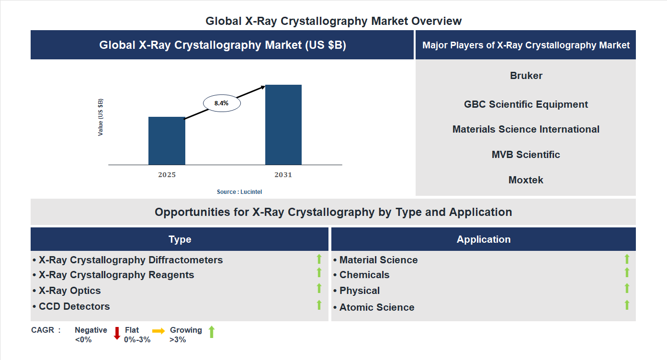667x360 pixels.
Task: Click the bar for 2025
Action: pyautogui.click(x=167, y=141)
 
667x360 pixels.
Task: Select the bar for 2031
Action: pyautogui.click(x=283, y=125)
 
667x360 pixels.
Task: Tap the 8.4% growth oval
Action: pyautogui.click(x=222, y=103)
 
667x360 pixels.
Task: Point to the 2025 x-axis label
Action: pyautogui.click(x=167, y=175)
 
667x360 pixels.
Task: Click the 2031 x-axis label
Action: pyautogui.click(x=283, y=175)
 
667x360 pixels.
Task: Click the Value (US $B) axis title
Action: pyautogui.click(x=101, y=117)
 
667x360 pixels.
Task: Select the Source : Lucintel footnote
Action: pyautogui.click(x=239, y=191)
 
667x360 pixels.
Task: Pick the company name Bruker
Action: pyautogui.click(x=526, y=76)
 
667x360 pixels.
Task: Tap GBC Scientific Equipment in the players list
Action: pyautogui.click(x=526, y=104)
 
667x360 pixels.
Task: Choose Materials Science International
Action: pyautogui.click(x=526, y=129)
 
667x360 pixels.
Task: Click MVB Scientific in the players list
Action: pyautogui.click(x=526, y=155)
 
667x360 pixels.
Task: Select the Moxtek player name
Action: pyautogui.click(x=526, y=180)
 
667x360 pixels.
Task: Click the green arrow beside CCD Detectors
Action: pyautogui.click(x=319, y=304)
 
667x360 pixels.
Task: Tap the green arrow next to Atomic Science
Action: pyautogui.click(x=627, y=305)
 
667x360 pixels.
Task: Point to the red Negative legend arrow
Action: pyautogui.click(x=117, y=333)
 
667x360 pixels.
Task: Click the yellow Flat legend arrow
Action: pyautogui.click(x=158, y=331)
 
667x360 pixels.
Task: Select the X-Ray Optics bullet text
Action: pyautogui.click(x=69, y=291)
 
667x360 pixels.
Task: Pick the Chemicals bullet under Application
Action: pyautogui.click(x=364, y=275)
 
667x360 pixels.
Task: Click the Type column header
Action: pyautogui.click(x=180, y=239)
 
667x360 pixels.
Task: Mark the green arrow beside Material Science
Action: pyautogui.click(x=627, y=259)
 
